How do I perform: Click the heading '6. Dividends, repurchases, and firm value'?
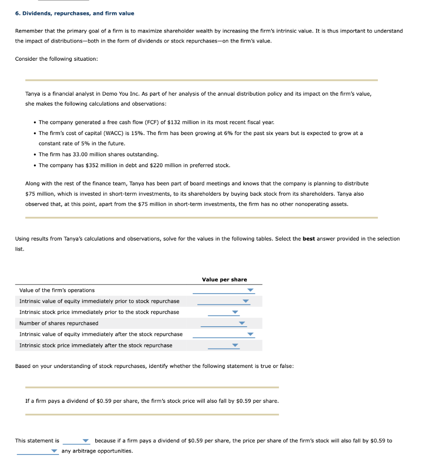pos(74,14)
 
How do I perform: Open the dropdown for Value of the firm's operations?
pos(224,290)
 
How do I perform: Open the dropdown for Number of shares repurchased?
pos(224,324)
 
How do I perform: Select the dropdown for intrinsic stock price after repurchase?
pos(224,346)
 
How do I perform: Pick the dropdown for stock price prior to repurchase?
pos(224,312)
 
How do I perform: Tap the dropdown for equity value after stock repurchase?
pos(224,334)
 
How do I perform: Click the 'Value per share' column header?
pos(224,280)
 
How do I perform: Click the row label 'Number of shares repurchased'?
pos(59,324)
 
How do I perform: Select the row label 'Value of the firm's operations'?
pos(57,290)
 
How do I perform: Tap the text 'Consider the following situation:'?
pos(56,59)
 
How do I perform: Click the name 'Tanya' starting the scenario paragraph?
pos(32,94)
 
